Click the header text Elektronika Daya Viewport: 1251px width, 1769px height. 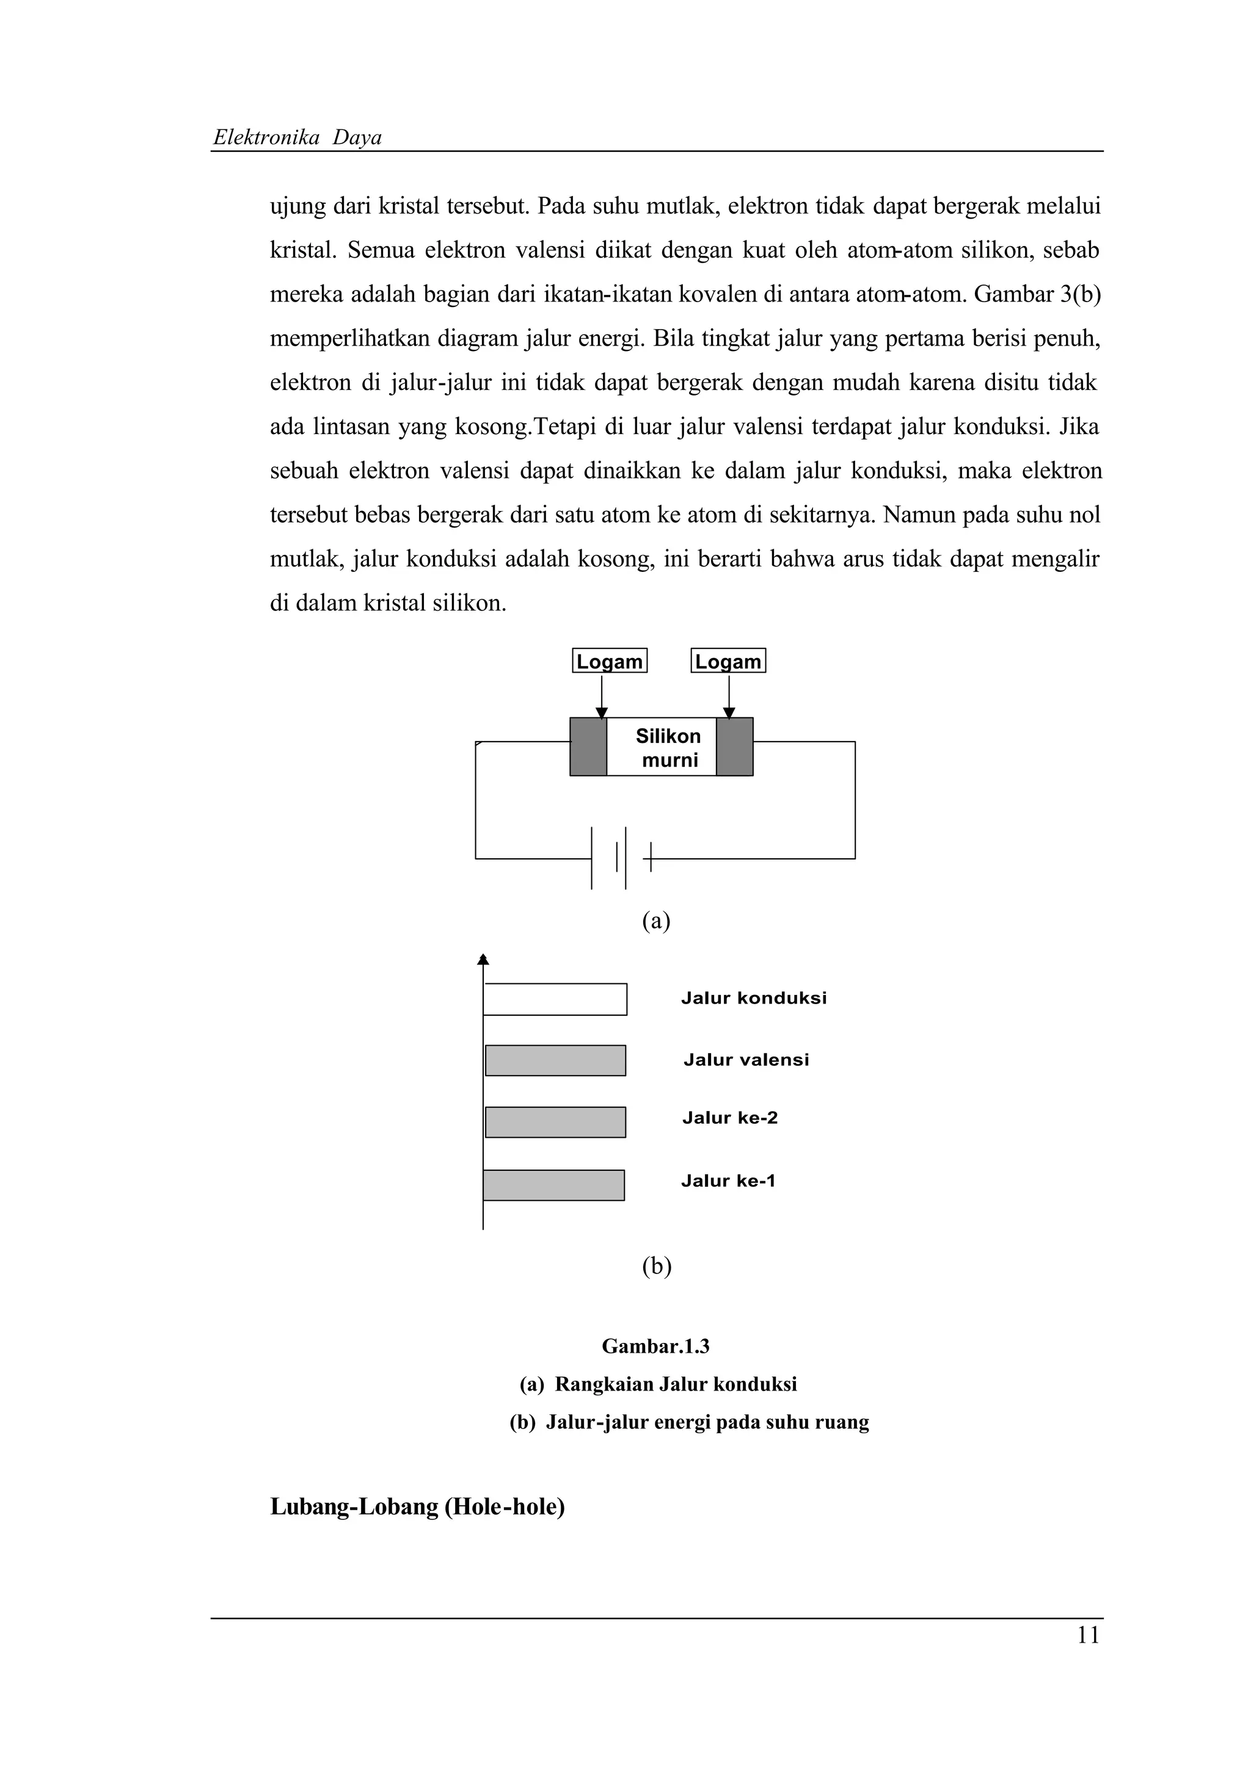tap(297, 138)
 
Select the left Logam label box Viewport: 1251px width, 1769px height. tap(609, 661)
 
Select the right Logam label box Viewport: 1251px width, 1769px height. tap(728, 661)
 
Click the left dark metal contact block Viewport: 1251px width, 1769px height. tap(588, 747)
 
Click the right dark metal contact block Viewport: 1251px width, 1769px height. tap(735, 747)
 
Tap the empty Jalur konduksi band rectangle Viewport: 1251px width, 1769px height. tap(555, 999)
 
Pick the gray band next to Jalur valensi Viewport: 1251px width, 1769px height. tap(555, 1060)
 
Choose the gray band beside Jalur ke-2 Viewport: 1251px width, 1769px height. tap(555, 1122)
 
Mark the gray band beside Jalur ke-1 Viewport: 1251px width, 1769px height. tap(553, 1185)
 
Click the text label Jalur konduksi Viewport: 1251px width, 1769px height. tap(753, 999)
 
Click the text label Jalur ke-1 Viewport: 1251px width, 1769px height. tap(728, 1181)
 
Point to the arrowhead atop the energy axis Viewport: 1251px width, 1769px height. tap(483, 959)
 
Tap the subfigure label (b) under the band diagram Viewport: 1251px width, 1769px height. tap(656, 1266)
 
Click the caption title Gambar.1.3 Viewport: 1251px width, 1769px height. tap(655, 1346)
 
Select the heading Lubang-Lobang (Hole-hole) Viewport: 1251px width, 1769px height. tap(417, 1507)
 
